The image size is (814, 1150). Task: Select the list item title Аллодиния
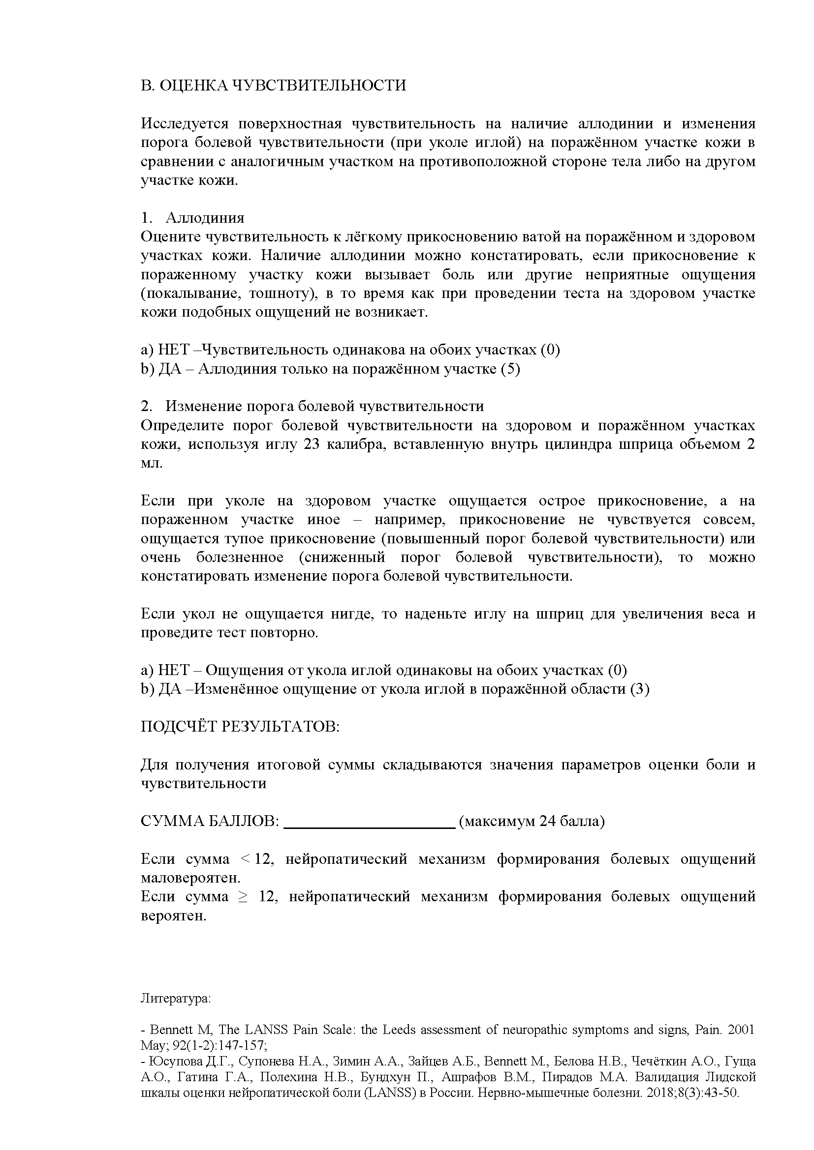[205, 218]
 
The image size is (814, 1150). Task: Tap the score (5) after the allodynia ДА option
[510, 369]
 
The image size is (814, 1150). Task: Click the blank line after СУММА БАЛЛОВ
[369, 822]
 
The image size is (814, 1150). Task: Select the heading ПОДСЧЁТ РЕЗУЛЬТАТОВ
[240, 727]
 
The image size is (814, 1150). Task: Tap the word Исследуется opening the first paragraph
[185, 124]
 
